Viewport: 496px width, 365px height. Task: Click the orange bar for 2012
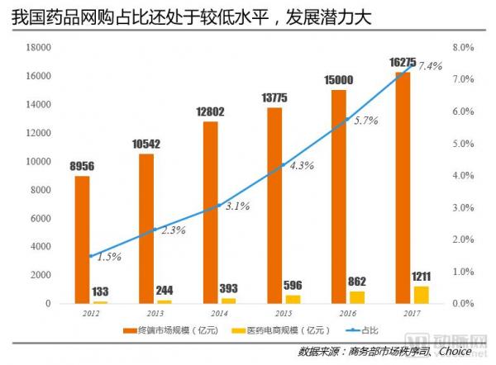82,240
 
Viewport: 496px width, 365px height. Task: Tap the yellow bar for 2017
422,295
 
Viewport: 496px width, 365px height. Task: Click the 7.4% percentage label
431,66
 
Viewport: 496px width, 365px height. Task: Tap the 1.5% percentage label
107,257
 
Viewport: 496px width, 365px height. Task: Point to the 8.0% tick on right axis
464,47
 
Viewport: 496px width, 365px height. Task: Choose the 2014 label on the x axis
218,314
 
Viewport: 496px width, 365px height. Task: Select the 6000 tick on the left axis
42,218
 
